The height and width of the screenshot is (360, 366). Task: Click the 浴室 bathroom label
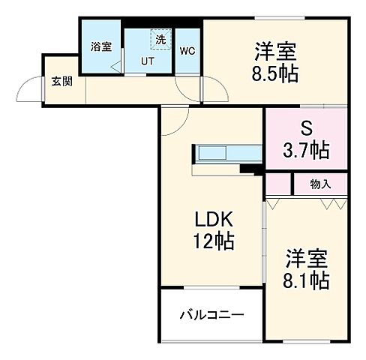(x=100, y=46)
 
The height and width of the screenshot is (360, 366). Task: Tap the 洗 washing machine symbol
(x=160, y=39)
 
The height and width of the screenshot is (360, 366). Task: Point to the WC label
(x=187, y=52)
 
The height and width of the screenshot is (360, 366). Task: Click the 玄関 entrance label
(x=61, y=82)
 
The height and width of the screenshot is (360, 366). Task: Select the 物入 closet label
(x=320, y=184)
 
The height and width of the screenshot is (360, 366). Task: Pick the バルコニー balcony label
(x=211, y=316)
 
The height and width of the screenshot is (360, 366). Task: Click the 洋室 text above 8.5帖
(x=275, y=52)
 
